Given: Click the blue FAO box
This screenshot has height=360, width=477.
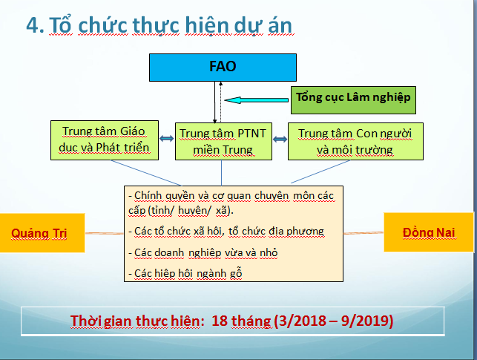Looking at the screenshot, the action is (223, 68).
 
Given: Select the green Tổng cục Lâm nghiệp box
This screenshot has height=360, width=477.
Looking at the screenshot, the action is (353, 100).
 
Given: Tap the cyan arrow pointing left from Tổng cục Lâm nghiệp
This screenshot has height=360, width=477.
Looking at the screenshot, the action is (257, 100).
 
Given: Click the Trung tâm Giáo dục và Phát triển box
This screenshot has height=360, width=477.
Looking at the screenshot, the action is (105, 140).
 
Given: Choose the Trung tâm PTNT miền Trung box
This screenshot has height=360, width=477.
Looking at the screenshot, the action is (223, 141).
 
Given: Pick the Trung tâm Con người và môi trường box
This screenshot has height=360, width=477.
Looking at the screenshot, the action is (355, 141).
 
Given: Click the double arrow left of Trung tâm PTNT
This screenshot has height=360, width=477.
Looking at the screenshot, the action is (167, 139).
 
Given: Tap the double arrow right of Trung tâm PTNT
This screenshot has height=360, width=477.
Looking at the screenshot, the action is (280, 140).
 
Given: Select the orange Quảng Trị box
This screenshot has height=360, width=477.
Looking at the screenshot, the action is (42, 233).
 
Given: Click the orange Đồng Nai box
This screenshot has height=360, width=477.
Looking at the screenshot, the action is (429, 232).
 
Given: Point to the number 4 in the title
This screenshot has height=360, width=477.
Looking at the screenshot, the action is (33, 25).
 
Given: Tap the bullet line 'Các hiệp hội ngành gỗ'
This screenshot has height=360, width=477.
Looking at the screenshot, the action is (185, 274).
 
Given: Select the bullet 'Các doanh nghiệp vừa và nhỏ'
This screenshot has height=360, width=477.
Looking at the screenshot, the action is (203, 252).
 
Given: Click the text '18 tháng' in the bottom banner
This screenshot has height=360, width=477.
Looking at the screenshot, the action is (241, 321).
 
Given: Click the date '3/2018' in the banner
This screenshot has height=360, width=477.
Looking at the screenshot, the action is (301, 321).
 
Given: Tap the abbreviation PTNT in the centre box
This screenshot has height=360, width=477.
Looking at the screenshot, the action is (251, 134).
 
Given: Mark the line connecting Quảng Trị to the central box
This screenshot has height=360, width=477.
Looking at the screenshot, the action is (105, 233).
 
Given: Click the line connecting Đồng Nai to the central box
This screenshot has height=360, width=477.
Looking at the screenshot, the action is (363, 233).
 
